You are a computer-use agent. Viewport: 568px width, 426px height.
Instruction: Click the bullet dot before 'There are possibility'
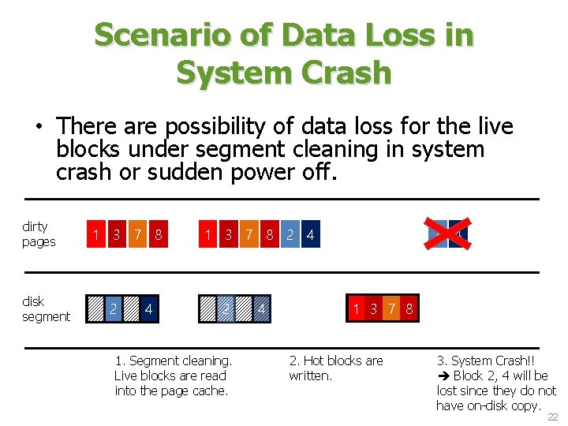pos(36,126)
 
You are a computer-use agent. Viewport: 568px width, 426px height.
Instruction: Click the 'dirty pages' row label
pos(39,234)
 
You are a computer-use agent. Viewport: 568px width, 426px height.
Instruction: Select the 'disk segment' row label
pos(46,309)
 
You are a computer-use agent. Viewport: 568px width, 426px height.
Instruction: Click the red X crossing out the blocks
pos(447,234)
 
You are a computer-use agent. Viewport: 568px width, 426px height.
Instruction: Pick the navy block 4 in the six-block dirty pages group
pos(310,234)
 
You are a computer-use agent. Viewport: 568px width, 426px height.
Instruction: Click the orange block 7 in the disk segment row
pos(391,309)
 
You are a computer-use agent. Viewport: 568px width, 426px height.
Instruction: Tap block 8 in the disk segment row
pos(409,309)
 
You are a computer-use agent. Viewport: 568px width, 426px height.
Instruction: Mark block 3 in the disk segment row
pos(373,309)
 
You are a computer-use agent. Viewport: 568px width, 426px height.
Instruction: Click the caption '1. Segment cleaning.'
pos(173,361)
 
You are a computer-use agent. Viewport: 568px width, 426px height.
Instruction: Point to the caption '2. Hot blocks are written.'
pos(335,368)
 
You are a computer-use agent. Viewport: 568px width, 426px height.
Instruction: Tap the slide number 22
pos(553,417)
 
